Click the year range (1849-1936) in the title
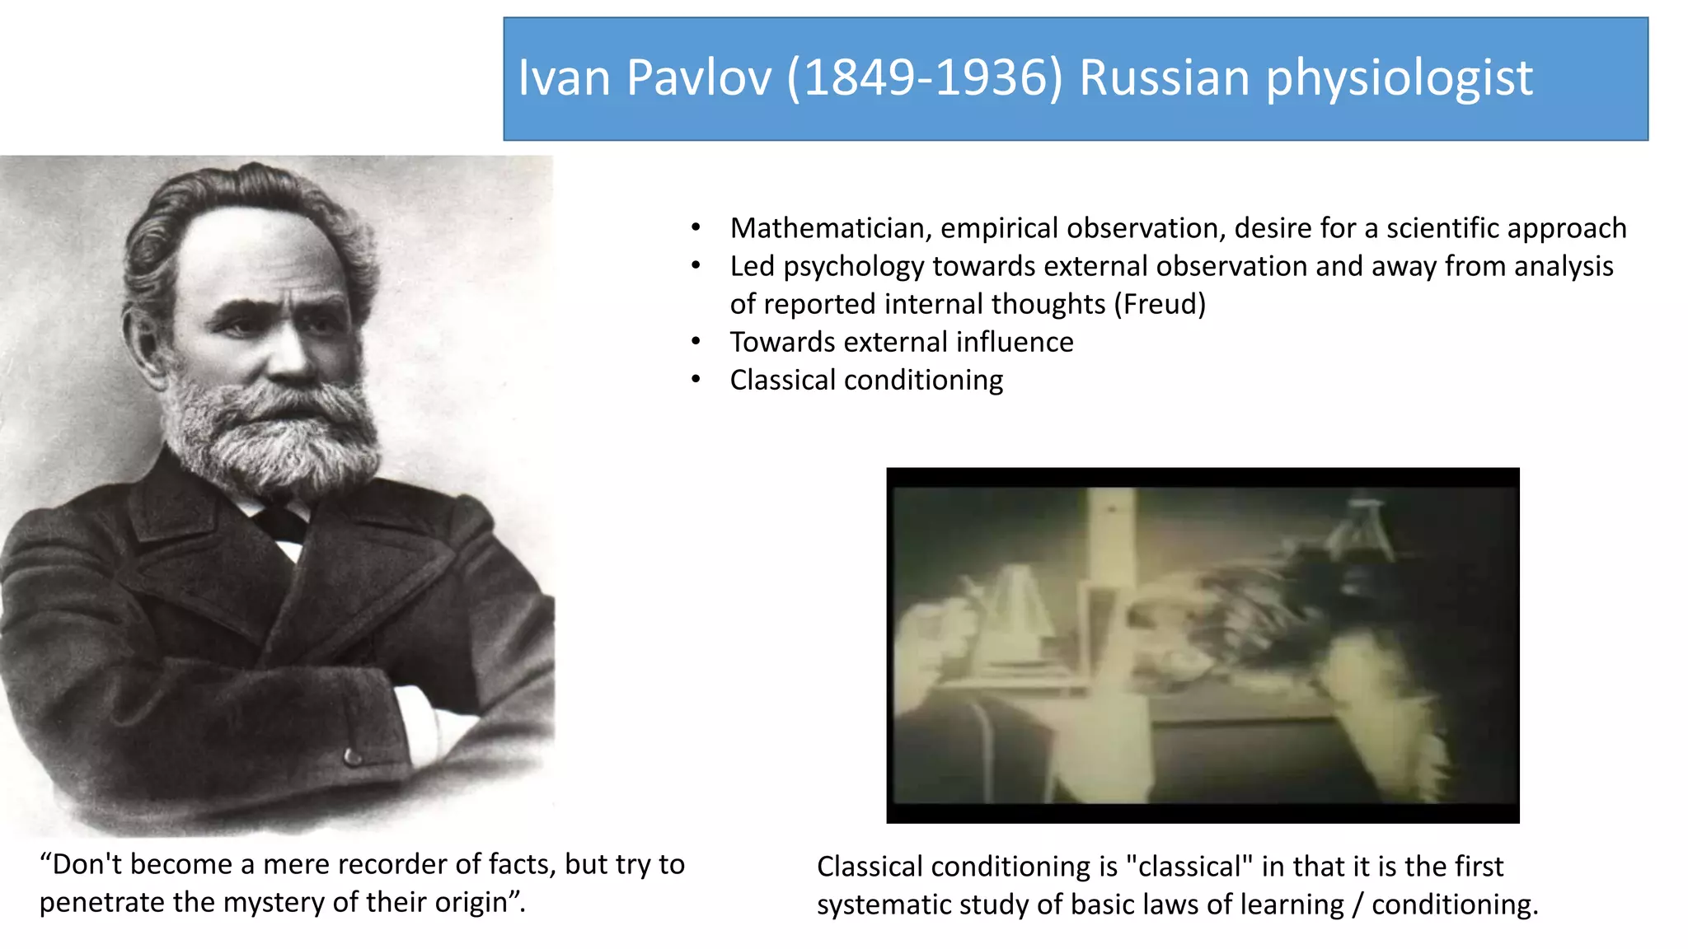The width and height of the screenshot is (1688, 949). (x=925, y=78)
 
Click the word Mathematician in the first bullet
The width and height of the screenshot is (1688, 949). (x=830, y=228)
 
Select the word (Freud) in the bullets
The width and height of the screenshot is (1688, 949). (x=1160, y=304)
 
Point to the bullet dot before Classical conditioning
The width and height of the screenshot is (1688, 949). (x=696, y=380)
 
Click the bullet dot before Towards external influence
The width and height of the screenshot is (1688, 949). (x=696, y=342)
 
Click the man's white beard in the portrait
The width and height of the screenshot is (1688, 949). (x=272, y=437)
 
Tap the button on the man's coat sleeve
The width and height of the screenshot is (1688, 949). (x=353, y=755)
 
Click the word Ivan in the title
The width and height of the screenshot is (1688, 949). (x=564, y=78)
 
